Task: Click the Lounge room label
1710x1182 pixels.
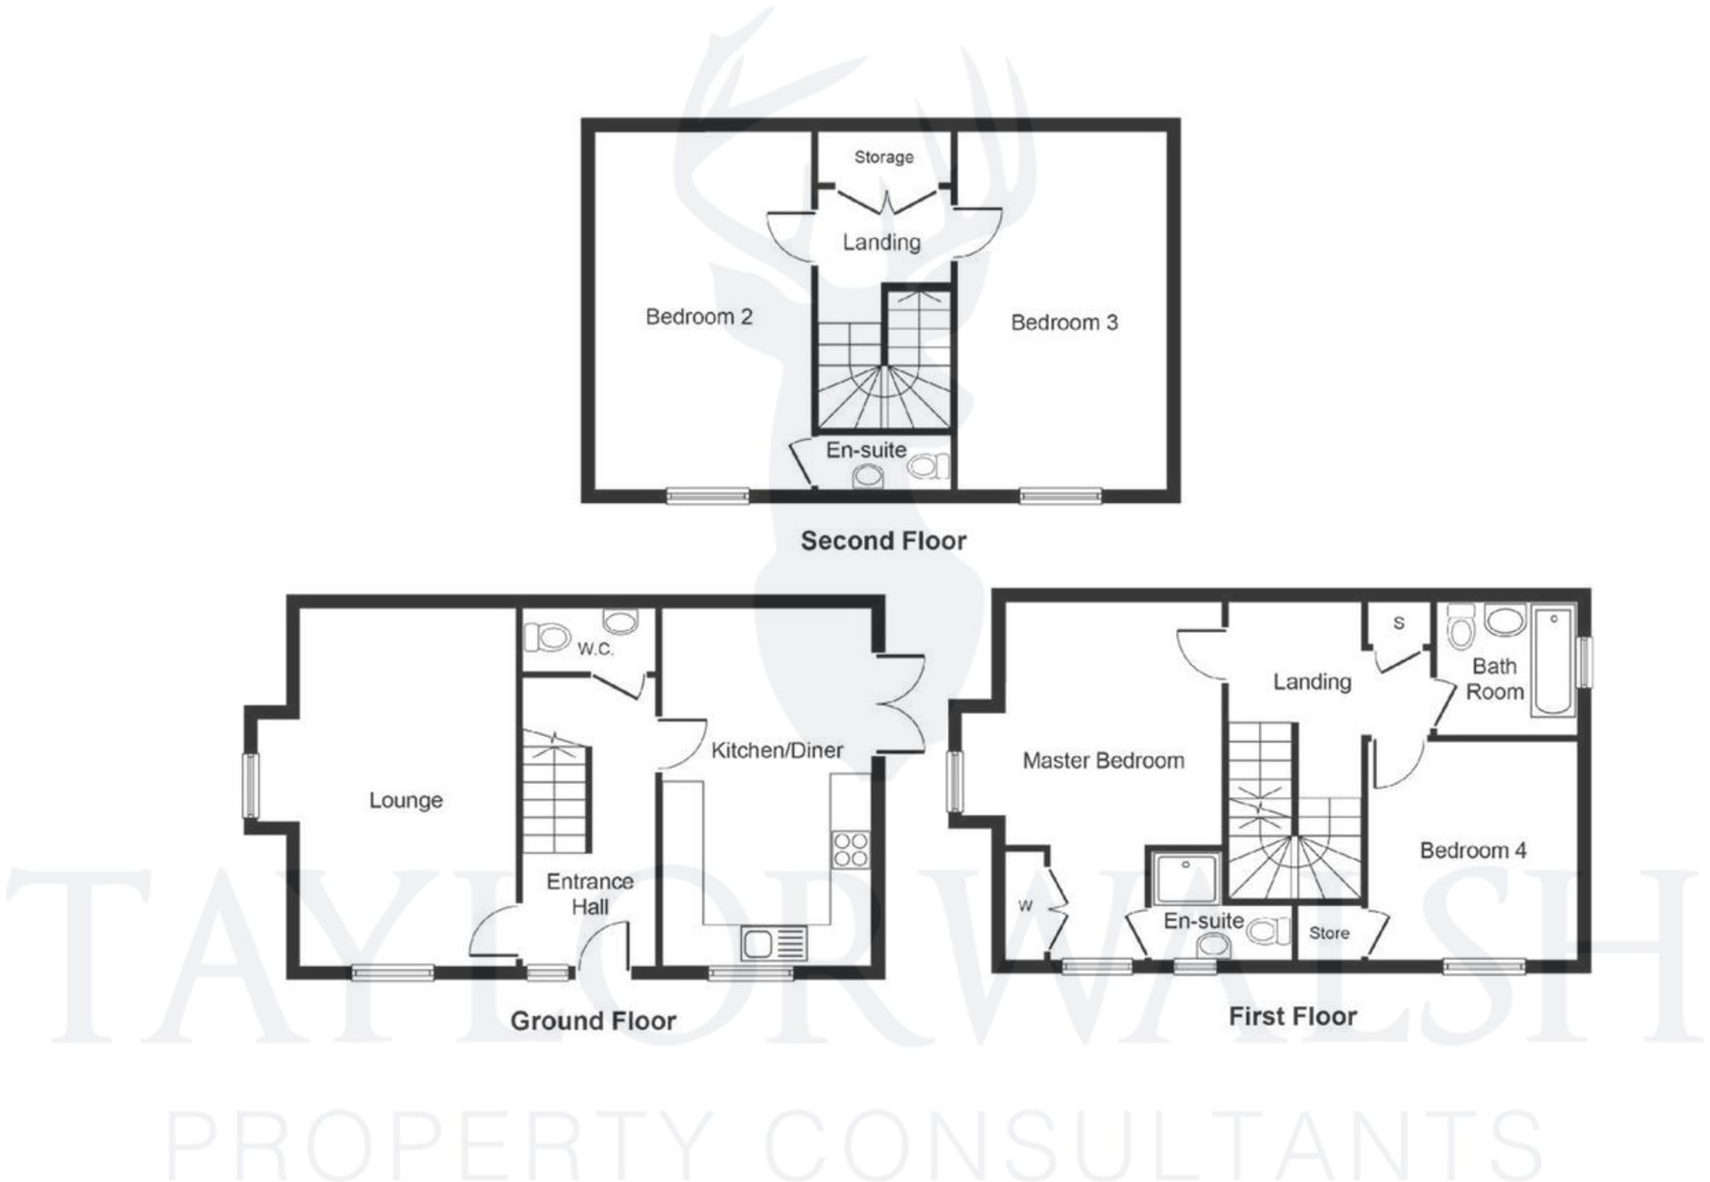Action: [406, 800]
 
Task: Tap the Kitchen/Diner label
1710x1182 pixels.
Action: [777, 750]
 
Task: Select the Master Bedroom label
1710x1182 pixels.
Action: [1103, 761]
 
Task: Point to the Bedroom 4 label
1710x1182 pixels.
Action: [1473, 850]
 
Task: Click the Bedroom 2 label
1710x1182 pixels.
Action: [698, 317]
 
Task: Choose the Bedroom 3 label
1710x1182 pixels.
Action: [1064, 322]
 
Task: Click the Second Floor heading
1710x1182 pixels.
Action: [883, 541]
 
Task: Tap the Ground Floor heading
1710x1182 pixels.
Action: [593, 1021]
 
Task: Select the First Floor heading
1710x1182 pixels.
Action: [1293, 1016]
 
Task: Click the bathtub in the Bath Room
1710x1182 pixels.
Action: [1553, 660]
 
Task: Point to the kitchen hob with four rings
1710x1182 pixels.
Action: [850, 849]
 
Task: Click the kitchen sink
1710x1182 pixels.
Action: [775, 944]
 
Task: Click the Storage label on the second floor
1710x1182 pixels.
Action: [883, 157]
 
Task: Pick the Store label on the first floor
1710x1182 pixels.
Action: [1328, 933]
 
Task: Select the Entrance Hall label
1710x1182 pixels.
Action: [590, 893]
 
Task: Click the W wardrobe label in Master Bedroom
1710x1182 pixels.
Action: [1025, 906]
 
